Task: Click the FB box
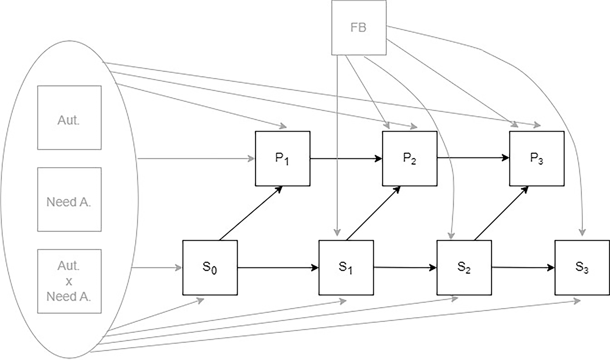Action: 359,28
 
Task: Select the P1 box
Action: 282,158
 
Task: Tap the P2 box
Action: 409,158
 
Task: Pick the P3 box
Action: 537,158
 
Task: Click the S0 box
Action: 210,267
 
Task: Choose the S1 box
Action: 346,267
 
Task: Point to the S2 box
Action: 464,267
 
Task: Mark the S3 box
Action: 582,267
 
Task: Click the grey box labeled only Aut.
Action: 69,118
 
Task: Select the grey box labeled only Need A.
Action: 69,199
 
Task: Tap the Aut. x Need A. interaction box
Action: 69,281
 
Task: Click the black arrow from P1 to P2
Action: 346,158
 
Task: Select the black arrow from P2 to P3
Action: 473,158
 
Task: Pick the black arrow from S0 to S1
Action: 278,268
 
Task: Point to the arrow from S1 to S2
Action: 405,267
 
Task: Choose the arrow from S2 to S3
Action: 523,267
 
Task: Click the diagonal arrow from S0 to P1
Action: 251,213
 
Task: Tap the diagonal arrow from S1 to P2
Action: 373,213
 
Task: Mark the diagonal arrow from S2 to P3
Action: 502,213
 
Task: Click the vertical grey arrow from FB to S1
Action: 337,146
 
